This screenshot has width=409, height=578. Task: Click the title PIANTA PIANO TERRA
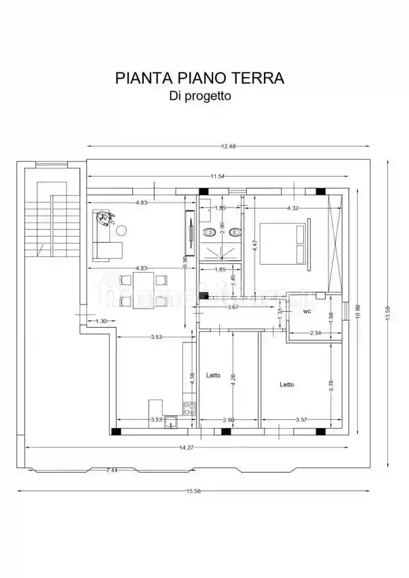pos(200,78)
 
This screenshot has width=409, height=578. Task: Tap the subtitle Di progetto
pos(200,96)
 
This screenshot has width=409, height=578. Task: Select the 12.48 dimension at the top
pos(228,146)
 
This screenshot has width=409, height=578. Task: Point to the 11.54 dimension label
pos(217,176)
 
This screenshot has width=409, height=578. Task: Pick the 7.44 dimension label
pos(111,470)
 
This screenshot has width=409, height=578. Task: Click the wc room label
pos(307,312)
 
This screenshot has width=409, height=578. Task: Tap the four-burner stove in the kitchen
pos(189,408)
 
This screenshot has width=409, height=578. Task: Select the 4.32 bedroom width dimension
pos(294,208)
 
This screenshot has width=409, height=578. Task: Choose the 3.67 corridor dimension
pos(233,307)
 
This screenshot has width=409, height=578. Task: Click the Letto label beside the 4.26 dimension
pos(213,375)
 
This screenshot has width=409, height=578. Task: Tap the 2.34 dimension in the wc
pos(315,333)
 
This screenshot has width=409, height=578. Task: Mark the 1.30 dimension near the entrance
pos(101,321)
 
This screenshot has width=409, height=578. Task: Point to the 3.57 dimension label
pos(301,420)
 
